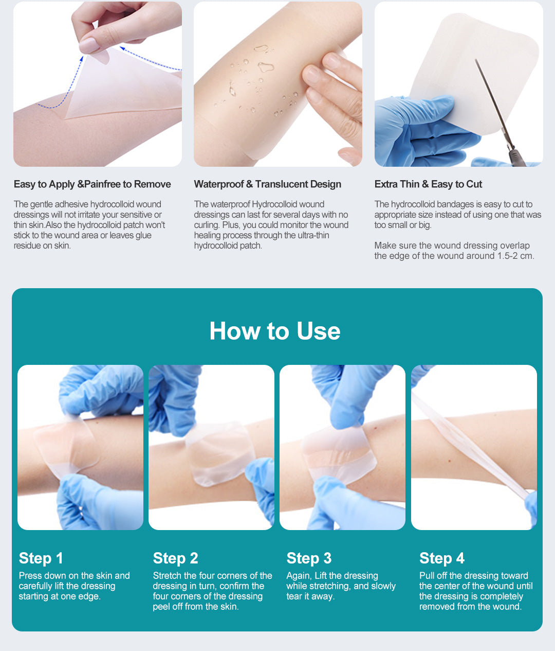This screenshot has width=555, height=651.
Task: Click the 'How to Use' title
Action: (x=275, y=331)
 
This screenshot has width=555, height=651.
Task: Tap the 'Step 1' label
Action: (x=41, y=558)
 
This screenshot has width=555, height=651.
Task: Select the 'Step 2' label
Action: (x=175, y=558)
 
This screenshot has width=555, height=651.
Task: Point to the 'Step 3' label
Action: (x=309, y=558)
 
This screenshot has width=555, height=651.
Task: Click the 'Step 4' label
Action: (x=442, y=558)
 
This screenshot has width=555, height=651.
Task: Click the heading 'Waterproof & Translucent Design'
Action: (x=267, y=184)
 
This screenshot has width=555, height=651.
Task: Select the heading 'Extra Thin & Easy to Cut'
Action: (x=428, y=184)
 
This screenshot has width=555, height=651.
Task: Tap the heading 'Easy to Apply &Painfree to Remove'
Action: (x=92, y=184)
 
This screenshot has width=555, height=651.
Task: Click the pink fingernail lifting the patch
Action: (x=89, y=46)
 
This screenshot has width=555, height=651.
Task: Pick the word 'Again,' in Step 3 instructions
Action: (x=299, y=576)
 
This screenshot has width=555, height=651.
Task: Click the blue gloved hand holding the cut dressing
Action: (x=421, y=129)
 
